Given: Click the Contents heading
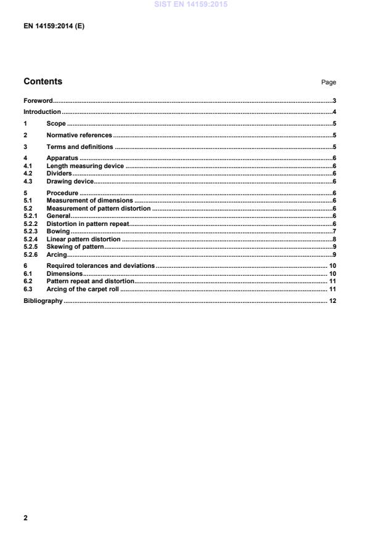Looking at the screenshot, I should click(43, 82).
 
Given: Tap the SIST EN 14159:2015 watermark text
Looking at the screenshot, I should click(191, 4).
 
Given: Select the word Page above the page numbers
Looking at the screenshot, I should click(329, 83).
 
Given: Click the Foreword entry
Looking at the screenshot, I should click(38, 100).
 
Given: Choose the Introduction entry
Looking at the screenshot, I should click(42, 112).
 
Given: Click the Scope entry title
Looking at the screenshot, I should click(56, 124).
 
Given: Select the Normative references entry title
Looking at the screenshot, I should click(79, 135).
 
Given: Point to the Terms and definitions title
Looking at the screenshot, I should click(79, 147).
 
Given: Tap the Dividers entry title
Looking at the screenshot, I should click(59, 174).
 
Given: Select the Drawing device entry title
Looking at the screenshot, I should click(70, 182).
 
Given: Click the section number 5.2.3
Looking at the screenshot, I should click(30, 232).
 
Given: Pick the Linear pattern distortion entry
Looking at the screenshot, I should click(83, 239).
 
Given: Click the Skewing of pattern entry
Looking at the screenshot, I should click(75, 246).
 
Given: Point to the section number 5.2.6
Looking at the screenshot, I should click(30, 254).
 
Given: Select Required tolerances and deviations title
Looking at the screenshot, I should click(100, 266).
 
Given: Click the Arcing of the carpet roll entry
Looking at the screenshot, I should click(82, 289).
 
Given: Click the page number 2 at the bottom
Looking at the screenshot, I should click(25, 518).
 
